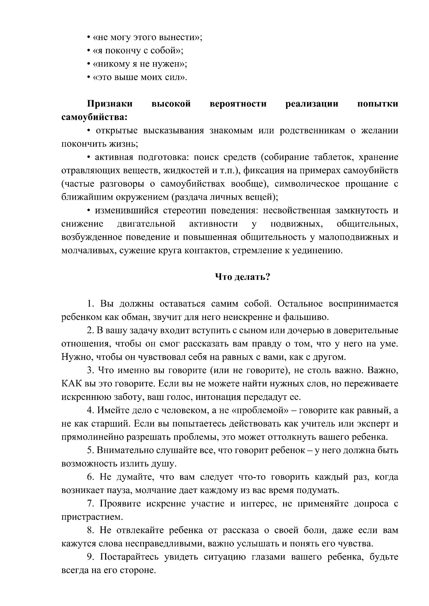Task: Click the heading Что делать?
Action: click(243, 277)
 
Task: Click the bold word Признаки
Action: click(110, 104)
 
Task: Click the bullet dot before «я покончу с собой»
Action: click(88, 51)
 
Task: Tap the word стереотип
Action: click(184, 211)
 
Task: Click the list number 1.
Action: click(90, 304)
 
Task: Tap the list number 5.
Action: click(90, 450)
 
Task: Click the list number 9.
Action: click(90, 557)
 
